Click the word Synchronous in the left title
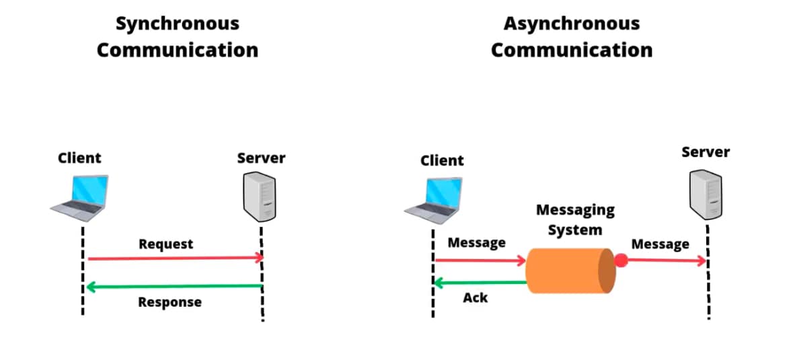(177, 24)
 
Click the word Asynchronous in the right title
(571, 24)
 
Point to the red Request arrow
(175, 258)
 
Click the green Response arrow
(175, 287)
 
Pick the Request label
(165, 244)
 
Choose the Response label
(169, 302)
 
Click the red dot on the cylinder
(621, 260)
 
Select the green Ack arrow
(480, 283)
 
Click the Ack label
(475, 297)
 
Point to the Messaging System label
(574, 219)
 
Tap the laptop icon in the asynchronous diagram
(433, 199)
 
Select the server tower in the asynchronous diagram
(705, 194)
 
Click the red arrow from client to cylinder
(480, 260)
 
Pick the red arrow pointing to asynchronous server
(666, 260)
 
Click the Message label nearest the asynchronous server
(660, 244)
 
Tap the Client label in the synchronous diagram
(79, 158)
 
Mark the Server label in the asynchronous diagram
(705, 152)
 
